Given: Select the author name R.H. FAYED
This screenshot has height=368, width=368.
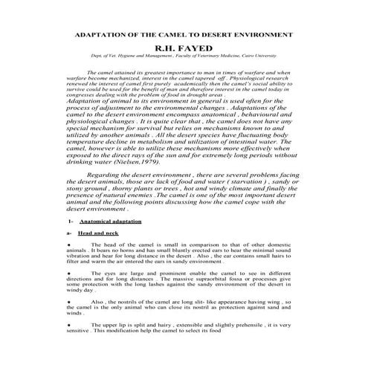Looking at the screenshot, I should (184, 50).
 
